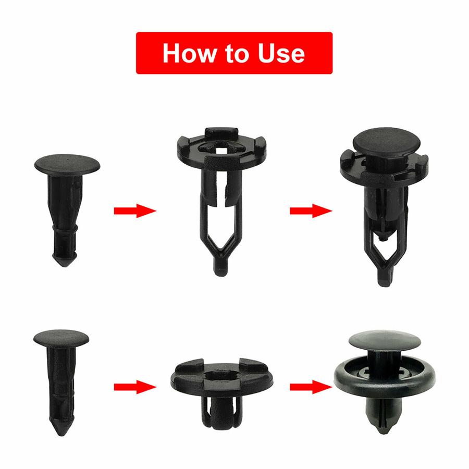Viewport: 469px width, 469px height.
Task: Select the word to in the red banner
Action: [x=238, y=54]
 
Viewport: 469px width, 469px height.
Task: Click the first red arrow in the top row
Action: [x=134, y=211]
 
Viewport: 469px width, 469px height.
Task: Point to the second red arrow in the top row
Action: [x=311, y=211]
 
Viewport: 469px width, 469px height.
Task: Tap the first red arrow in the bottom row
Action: [x=134, y=387]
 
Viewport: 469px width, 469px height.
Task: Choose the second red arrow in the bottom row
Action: [x=311, y=387]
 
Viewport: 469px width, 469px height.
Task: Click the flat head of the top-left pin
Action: [x=67, y=164]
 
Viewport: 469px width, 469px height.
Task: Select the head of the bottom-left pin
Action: [x=61, y=337]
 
